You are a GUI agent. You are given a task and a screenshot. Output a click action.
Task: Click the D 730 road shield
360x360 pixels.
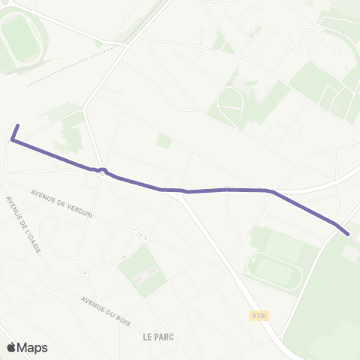(259, 316)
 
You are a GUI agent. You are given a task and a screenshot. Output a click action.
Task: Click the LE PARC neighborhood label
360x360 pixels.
(158, 337)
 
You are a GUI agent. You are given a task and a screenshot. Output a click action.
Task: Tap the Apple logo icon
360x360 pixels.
(12, 347)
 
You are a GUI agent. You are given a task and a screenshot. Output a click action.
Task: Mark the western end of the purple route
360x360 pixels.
(18, 125)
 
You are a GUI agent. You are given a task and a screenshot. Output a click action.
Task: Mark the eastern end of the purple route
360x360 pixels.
(348, 233)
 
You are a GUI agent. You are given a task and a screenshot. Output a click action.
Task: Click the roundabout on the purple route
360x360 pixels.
(102, 170)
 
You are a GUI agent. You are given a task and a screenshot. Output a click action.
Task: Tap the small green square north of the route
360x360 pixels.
(163, 141)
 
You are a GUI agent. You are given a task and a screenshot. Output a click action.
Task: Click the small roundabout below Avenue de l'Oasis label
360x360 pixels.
(85, 272)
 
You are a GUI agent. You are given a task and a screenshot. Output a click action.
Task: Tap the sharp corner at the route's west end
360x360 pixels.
(13, 139)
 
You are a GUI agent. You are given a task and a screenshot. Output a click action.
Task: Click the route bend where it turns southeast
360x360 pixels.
(271, 191)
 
